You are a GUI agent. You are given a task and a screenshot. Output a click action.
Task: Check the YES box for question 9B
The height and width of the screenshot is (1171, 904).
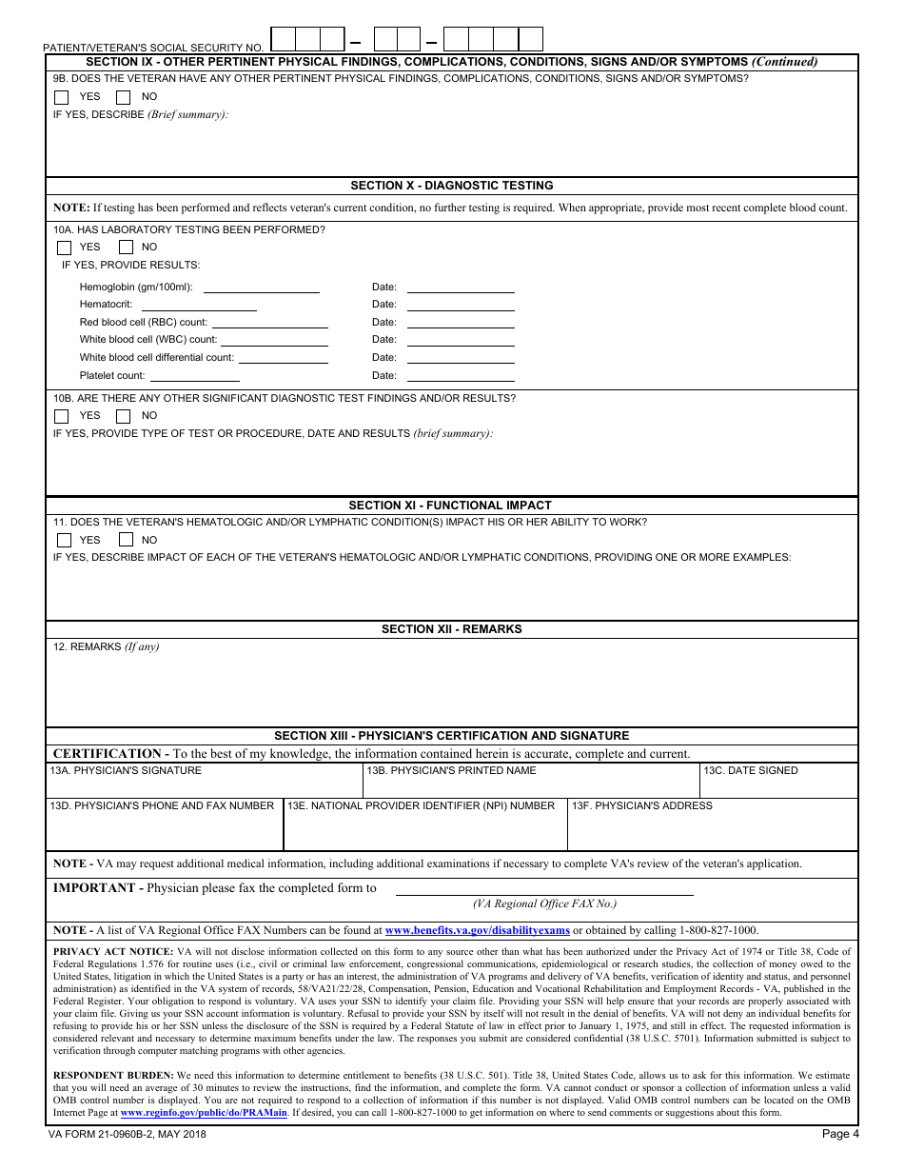tap(62, 97)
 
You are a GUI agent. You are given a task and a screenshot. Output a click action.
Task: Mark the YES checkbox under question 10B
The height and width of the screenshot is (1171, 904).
tap(62, 416)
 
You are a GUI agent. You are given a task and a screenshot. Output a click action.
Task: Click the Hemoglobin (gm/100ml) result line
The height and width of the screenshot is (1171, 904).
tap(262, 288)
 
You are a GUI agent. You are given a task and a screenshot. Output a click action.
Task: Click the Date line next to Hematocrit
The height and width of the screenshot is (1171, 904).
tap(461, 305)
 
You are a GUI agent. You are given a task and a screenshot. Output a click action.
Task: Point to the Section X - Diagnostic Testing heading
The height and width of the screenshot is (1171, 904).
tap(451, 186)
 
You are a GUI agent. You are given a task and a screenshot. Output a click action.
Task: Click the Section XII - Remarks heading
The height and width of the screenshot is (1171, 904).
tap(451, 629)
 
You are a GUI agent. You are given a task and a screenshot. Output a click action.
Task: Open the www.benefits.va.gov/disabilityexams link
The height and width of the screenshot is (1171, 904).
tap(477, 931)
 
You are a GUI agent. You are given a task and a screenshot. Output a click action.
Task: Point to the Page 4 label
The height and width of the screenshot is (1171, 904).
tap(840, 1134)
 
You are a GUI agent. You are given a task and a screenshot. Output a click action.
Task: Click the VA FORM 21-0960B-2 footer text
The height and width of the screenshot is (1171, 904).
tap(127, 1134)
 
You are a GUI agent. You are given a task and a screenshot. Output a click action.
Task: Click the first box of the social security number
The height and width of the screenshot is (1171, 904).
tap(283, 39)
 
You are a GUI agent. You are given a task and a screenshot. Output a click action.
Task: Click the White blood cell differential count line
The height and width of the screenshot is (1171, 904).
tap(283, 359)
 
